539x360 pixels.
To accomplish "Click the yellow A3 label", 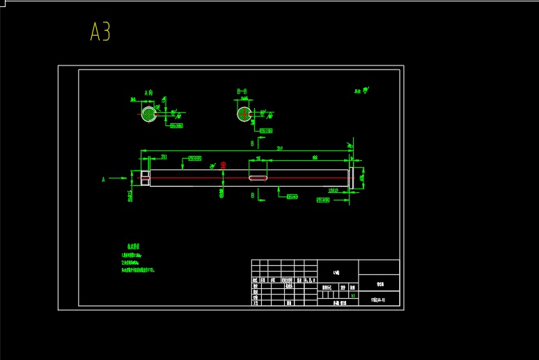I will click(x=100, y=32).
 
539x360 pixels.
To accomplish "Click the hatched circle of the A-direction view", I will click(x=149, y=114).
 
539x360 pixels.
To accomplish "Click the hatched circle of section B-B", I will click(x=244, y=114).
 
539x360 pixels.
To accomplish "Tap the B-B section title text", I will click(x=242, y=91).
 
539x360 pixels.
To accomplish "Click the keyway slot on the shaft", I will click(x=258, y=178).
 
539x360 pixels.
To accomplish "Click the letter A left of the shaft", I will click(x=104, y=179).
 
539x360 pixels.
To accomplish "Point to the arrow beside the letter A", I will click(x=118, y=179).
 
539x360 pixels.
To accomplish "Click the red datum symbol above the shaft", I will click(x=224, y=166).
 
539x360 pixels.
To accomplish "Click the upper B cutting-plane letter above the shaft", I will click(x=252, y=143).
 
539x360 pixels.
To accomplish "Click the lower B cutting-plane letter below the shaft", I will click(x=252, y=196).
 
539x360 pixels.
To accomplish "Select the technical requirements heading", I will click(x=132, y=246).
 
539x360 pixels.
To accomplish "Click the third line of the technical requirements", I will click(x=147, y=269).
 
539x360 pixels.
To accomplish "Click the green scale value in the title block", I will click(x=353, y=295).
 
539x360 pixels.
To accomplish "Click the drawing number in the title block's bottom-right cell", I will click(x=379, y=300).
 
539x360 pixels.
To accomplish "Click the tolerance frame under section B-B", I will click(x=265, y=130).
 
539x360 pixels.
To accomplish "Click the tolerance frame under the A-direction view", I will click(x=176, y=126).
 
